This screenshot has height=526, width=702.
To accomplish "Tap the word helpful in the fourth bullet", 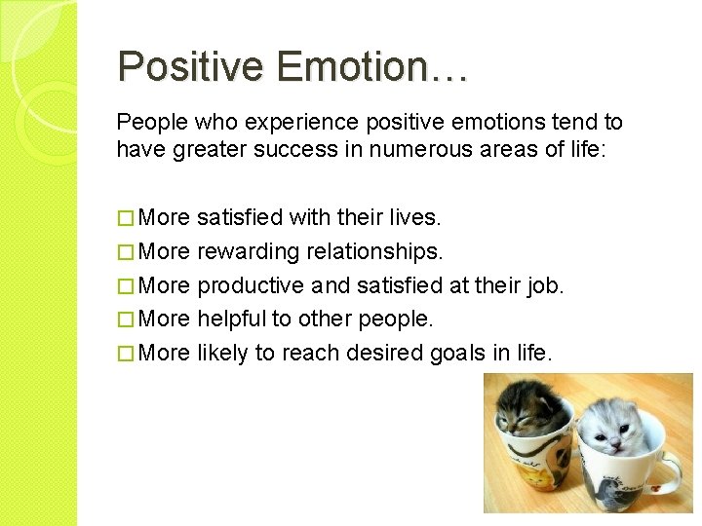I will [x=232, y=319].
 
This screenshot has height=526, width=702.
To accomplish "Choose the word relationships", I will [x=375, y=251].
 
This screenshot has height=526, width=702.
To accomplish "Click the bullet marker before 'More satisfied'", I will [x=124, y=218].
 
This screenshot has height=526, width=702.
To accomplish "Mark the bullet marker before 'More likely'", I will [x=124, y=352].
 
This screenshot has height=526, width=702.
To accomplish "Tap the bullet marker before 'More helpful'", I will [x=124, y=319].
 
